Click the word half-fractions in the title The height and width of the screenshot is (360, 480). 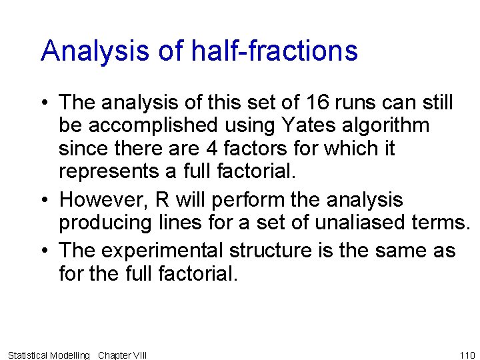(273, 51)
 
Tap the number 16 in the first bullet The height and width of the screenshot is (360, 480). (318, 103)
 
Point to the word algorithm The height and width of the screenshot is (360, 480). (387, 125)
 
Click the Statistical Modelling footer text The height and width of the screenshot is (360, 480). (48, 355)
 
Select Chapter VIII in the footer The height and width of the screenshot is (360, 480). (122, 355)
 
